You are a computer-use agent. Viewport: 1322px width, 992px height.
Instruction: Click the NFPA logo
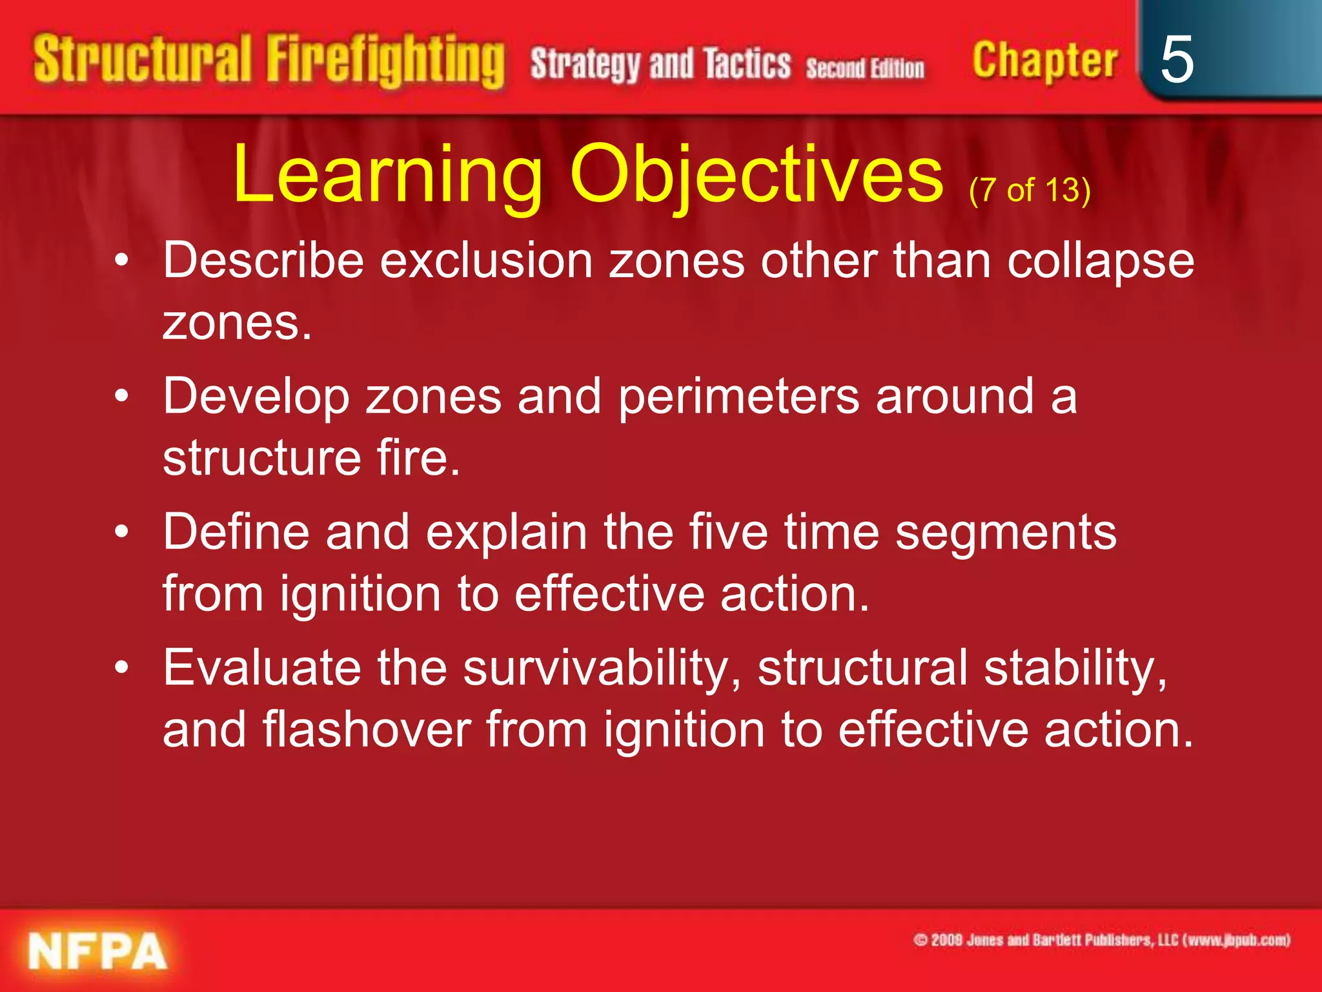[97, 951]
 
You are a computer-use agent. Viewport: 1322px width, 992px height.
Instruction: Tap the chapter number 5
[1176, 59]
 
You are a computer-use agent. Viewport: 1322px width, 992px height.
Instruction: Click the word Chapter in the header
[1044, 61]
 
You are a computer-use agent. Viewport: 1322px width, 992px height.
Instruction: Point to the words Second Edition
[865, 68]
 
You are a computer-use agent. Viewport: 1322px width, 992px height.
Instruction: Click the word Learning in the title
[387, 174]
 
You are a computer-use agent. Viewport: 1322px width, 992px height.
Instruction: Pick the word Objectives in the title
[757, 174]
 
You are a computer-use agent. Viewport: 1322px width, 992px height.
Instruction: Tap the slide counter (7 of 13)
[1030, 190]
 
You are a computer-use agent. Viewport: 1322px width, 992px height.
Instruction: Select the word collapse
[1101, 262]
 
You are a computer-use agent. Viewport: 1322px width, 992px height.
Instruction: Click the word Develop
[256, 397]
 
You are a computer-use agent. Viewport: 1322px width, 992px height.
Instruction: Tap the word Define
[235, 532]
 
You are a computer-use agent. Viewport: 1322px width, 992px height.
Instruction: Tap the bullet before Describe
[121, 262]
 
